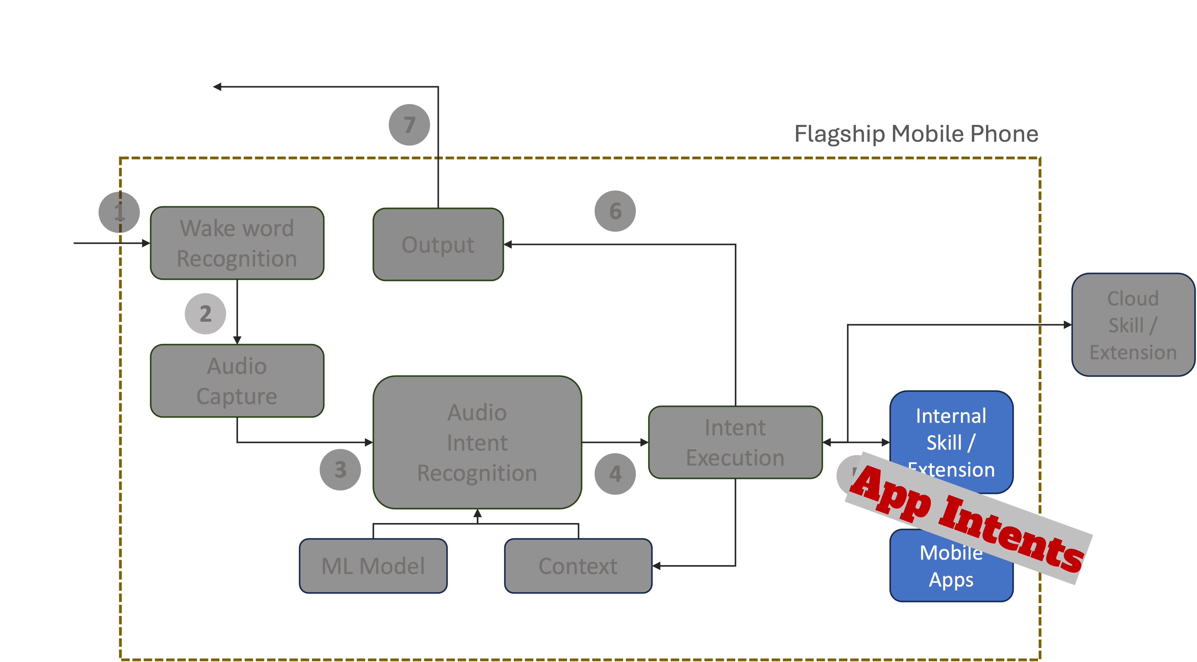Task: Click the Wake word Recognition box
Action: [x=237, y=243]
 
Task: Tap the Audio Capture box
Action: [x=237, y=381]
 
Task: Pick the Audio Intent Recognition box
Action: [x=477, y=442]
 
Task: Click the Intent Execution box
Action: [x=735, y=442]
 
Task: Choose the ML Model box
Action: [x=373, y=566]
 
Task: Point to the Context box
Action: [x=578, y=566]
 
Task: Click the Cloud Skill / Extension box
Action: [x=1133, y=325]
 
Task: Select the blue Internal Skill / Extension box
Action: [x=951, y=427]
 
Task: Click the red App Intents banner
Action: [x=969, y=518]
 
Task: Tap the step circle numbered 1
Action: [x=119, y=212]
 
